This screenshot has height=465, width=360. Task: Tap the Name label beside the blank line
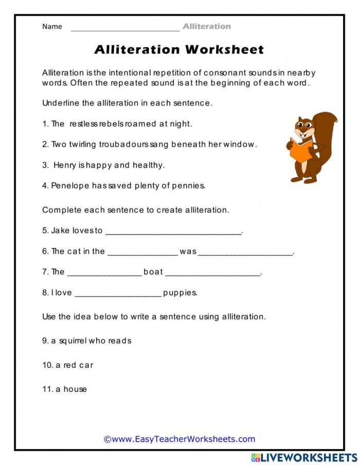(x=52, y=27)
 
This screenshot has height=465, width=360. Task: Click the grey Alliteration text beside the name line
(x=207, y=26)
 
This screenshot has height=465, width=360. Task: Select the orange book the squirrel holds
(x=300, y=149)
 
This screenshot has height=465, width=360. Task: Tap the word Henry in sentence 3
(x=64, y=165)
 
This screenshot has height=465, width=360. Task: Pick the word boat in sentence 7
(x=153, y=272)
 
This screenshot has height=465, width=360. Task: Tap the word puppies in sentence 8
(x=180, y=293)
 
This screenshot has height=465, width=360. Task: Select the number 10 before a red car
(x=47, y=365)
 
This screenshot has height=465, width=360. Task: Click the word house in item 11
(x=75, y=389)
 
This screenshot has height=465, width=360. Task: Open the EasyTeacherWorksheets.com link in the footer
(x=179, y=439)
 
